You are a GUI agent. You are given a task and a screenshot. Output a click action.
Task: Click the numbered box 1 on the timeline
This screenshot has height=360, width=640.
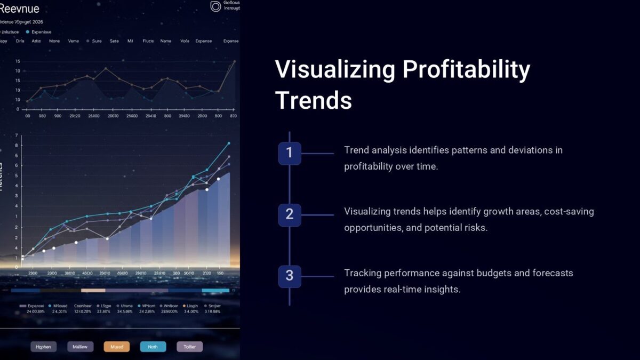(x=290, y=153)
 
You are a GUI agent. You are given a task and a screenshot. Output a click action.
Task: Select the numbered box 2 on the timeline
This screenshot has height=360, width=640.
(x=290, y=214)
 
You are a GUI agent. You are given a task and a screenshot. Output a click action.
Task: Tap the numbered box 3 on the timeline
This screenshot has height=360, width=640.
(x=290, y=276)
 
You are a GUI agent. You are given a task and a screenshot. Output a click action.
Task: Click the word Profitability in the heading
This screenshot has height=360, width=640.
(x=466, y=70)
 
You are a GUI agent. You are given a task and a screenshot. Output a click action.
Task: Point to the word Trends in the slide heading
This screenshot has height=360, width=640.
(x=314, y=100)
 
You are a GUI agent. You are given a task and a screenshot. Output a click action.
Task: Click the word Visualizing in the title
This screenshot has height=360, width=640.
(x=335, y=70)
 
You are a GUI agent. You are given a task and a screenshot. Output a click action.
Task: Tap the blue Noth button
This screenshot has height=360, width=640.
(x=153, y=347)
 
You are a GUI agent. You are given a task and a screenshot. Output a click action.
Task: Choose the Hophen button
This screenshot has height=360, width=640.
(x=44, y=347)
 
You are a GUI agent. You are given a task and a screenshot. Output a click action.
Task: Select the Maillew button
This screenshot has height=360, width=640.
(x=81, y=347)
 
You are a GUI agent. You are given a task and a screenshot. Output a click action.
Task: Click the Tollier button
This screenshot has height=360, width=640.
(x=190, y=347)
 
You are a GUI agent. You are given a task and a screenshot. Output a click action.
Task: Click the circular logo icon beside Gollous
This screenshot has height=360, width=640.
(x=215, y=6)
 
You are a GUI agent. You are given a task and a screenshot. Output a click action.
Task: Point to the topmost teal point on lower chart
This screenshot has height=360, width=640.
(x=229, y=143)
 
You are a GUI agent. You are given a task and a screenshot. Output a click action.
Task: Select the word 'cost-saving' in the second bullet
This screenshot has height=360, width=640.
(x=570, y=212)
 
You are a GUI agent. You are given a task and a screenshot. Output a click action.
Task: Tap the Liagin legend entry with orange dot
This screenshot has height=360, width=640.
(x=190, y=306)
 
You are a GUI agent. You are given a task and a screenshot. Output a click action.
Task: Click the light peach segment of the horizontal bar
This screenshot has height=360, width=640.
(x=93, y=291)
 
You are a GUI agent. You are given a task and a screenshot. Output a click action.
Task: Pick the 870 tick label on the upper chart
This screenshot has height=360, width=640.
(x=233, y=115)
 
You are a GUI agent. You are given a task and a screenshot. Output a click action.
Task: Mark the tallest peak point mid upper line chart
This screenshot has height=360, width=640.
(x=106, y=68)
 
